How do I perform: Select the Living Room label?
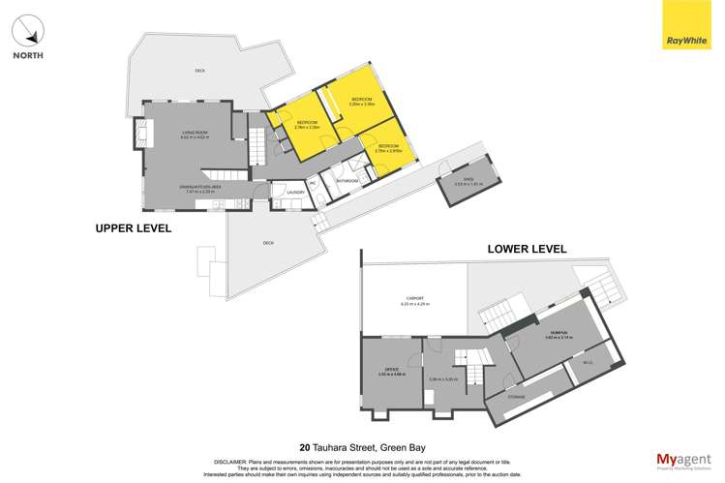195,133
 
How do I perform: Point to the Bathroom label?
347,181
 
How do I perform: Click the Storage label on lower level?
517,398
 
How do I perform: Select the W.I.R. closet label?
587,364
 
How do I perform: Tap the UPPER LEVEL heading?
133,229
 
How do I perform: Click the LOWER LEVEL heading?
527,249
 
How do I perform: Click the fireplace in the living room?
140,134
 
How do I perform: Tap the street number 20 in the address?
305,447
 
